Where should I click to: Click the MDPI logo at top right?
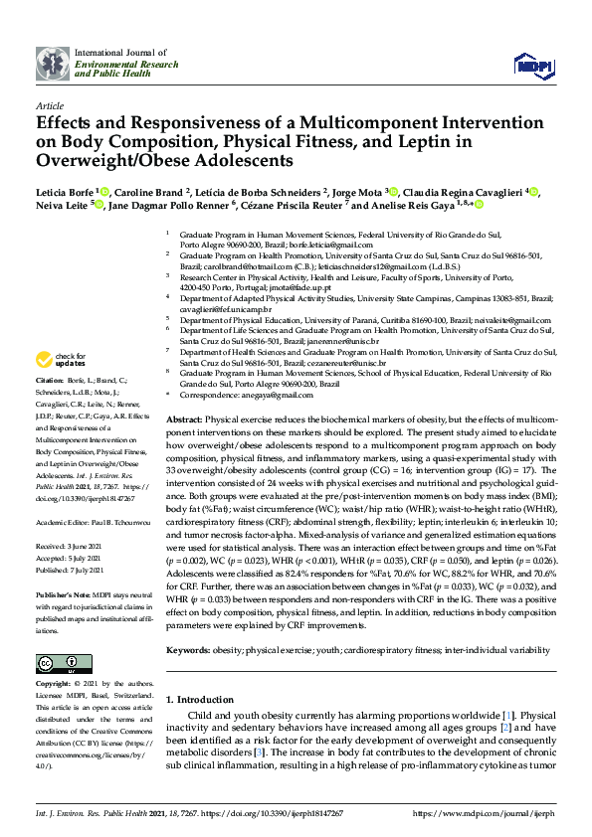(x=533, y=65)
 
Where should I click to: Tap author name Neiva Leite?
(x=62, y=205)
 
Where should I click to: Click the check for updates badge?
(x=61, y=360)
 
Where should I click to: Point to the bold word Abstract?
(x=186, y=421)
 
